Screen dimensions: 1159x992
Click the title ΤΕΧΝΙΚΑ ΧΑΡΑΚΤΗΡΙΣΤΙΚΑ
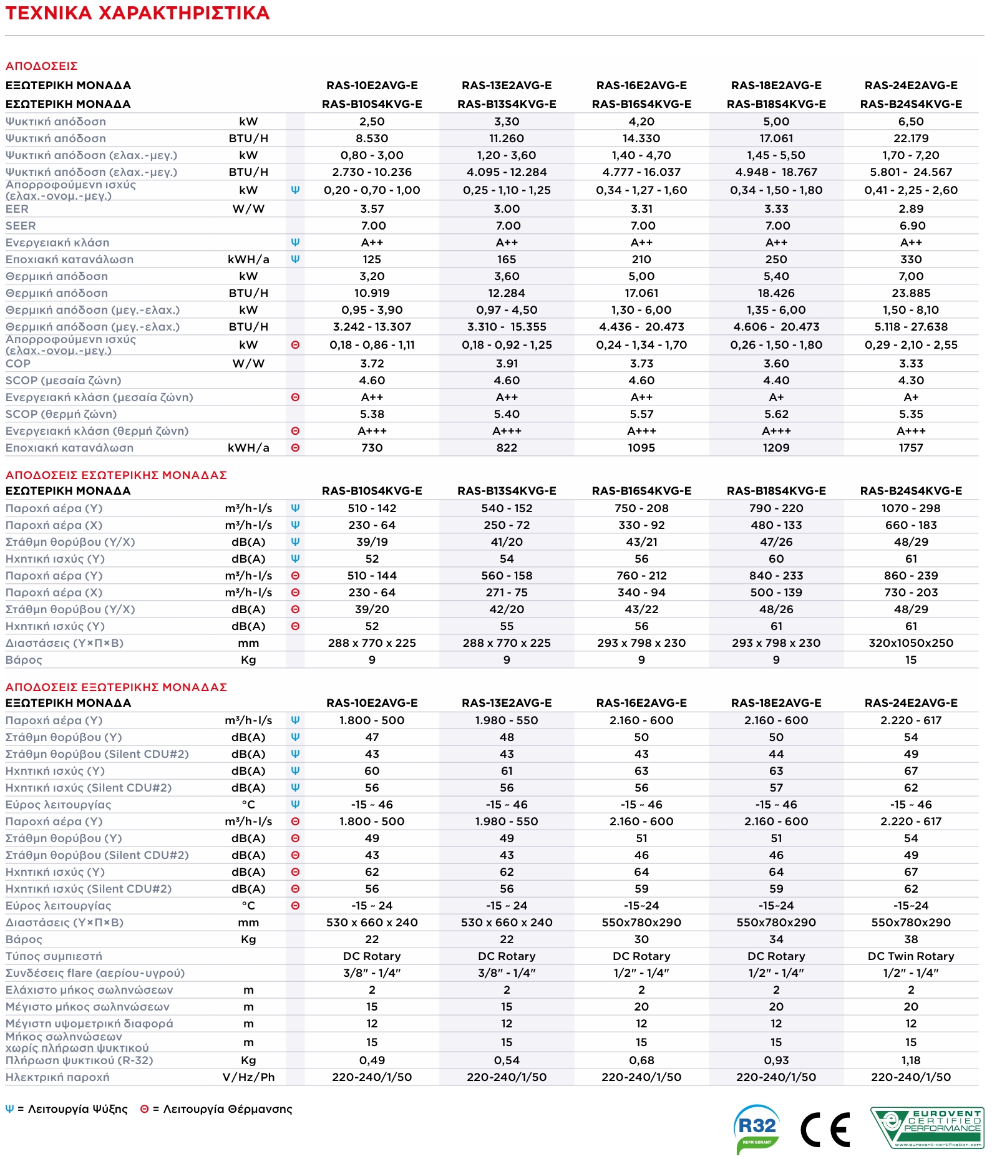(x=137, y=13)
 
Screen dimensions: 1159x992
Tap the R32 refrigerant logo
(x=757, y=1128)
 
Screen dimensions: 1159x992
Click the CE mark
(x=825, y=1130)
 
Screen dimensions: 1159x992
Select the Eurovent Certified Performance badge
(x=927, y=1128)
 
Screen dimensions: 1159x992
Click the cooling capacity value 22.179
(x=911, y=138)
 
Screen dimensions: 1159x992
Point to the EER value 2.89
(x=911, y=209)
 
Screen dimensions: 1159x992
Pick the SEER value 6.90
(x=911, y=226)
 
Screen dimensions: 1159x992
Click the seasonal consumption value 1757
(x=911, y=448)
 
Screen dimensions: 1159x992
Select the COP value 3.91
(x=507, y=364)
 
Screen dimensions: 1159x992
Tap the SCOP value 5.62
(x=776, y=414)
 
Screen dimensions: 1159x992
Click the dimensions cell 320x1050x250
(x=911, y=643)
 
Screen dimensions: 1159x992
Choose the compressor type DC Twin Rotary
(x=911, y=956)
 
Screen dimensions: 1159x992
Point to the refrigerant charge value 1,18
(x=911, y=1060)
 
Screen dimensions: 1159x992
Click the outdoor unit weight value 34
(x=776, y=939)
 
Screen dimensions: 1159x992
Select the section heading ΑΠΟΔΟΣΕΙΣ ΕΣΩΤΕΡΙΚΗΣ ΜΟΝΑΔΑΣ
(x=116, y=475)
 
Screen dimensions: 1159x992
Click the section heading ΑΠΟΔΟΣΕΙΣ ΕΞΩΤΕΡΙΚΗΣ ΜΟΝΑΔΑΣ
(x=116, y=687)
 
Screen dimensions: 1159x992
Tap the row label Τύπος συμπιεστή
(x=54, y=956)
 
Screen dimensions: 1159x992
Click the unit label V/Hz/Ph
(x=248, y=1077)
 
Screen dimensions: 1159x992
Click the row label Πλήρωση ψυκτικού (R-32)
(x=79, y=1060)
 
